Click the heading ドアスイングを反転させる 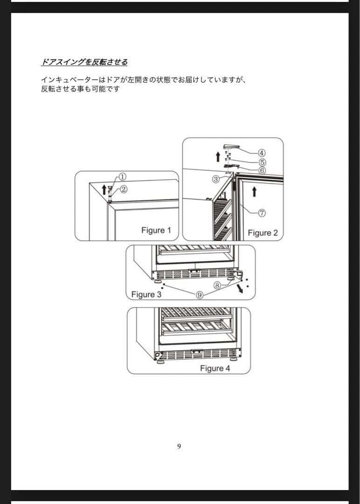[84, 62]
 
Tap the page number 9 [179, 447]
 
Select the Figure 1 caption [156, 230]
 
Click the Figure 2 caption [263, 233]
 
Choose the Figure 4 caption [215, 368]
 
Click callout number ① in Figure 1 [122, 177]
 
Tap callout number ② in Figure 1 [124, 189]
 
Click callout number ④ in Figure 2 [262, 153]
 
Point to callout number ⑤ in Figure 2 [262, 162]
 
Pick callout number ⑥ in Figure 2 [262, 170]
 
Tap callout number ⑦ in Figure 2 [262, 212]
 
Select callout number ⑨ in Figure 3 [199, 295]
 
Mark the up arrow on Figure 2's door [254, 191]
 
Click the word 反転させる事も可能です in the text [80, 89]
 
